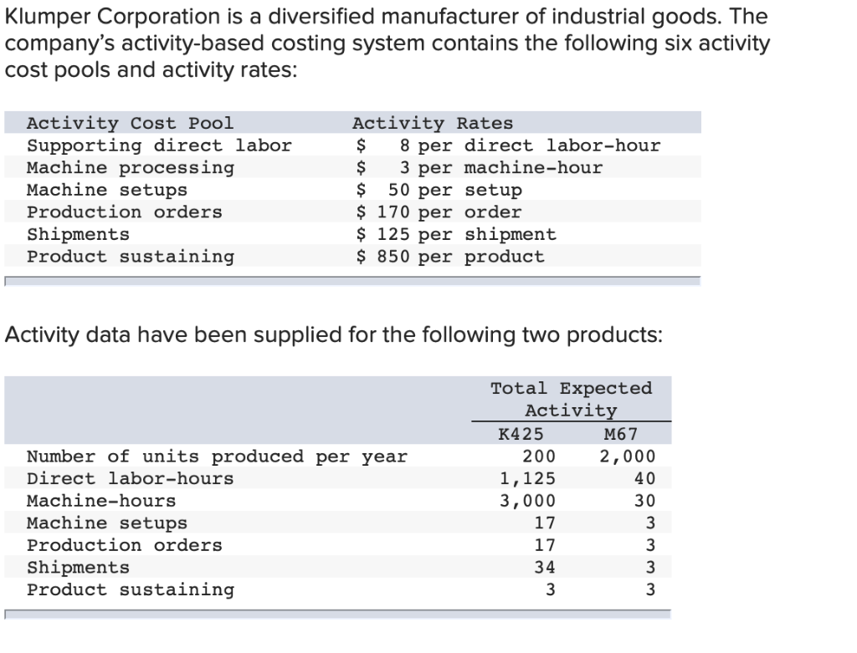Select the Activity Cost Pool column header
click(130, 123)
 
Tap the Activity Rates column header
click(432, 123)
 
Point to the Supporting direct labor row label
click(159, 145)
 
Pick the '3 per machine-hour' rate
click(500, 167)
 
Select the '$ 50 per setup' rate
click(439, 190)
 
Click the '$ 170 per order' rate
click(439, 212)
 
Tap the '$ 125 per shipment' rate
click(456, 234)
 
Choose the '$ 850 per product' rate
click(450, 257)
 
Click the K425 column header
click(520, 434)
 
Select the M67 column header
click(619, 434)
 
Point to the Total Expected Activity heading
click(571, 399)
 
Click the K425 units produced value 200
click(538, 457)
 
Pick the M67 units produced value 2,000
click(628, 457)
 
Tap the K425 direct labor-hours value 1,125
click(527, 478)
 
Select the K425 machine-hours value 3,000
click(527, 501)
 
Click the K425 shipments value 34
click(544, 568)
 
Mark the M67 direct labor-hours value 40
click(644, 478)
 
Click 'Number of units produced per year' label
click(217, 457)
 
